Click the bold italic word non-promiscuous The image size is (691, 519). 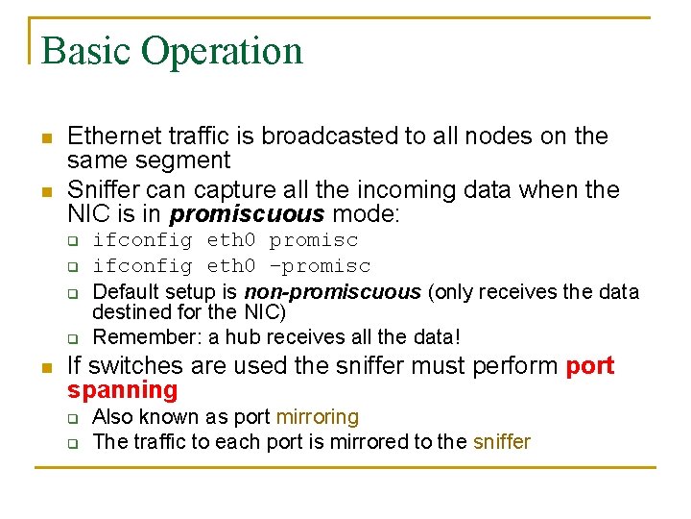(332, 291)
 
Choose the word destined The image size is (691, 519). (128, 312)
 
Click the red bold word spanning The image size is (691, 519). (123, 390)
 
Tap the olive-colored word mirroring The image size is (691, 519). (317, 417)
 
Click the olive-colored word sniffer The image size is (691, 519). (501, 442)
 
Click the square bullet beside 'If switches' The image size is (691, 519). (44, 368)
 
